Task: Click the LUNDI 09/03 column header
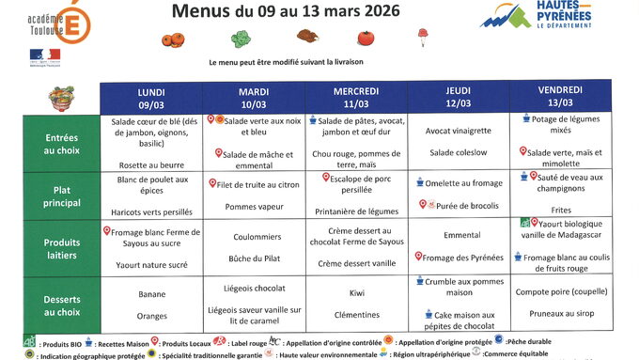(150, 98)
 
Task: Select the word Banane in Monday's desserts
(151, 294)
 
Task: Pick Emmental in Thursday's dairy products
(461, 235)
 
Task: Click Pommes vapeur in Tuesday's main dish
(253, 205)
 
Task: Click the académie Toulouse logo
(37, 22)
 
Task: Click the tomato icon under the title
(366, 38)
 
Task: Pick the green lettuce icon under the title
(241, 39)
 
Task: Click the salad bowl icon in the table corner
(62, 98)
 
